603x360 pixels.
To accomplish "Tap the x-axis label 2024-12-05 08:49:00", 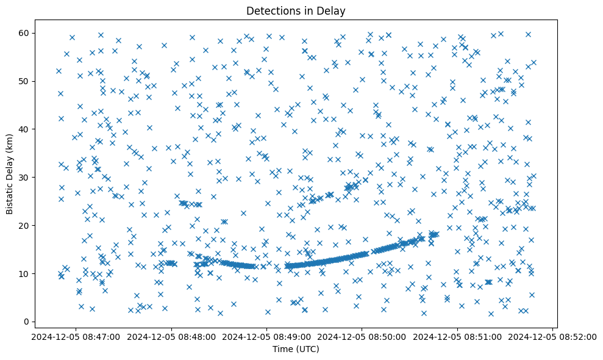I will pos(266,336).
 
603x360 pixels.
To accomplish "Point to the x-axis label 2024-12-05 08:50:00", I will pos(363,336).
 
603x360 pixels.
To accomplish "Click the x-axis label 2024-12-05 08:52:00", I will pos(554,336).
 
